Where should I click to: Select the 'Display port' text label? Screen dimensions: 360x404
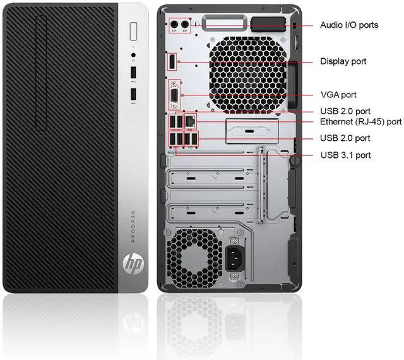coord(343,61)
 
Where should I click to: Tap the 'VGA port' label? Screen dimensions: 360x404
coord(338,95)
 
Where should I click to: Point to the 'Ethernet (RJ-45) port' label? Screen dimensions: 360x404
coord(361,121)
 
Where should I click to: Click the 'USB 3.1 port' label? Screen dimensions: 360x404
coord(345,155)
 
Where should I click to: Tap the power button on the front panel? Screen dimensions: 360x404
coord(134,31)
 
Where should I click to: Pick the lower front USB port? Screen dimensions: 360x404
coord(134,95)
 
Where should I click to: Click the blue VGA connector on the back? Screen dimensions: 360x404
coord(172,95)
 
